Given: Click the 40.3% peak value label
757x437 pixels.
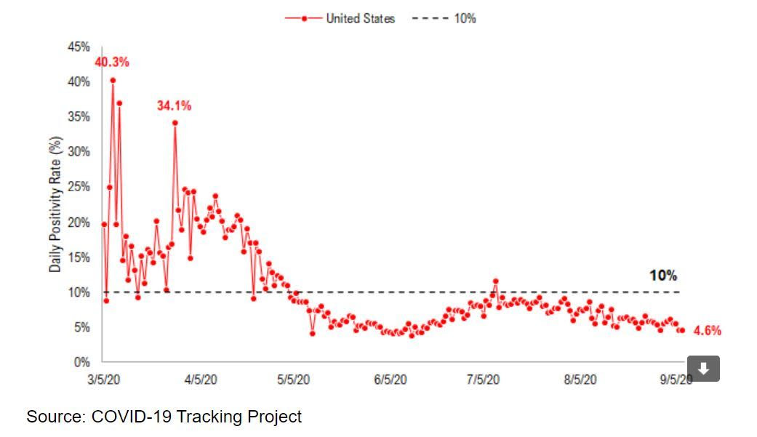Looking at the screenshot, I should pyautogui.click(x=112, y=63).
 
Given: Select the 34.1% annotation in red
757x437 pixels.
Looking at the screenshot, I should pyautogui.click(x=174, y=106).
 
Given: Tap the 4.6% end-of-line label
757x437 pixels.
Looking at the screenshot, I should pyautogui.click(x=707, y=331).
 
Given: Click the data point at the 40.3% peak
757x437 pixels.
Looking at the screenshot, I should pyautogui.click(x=113, y=81).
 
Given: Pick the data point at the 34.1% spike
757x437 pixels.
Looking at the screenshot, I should pyautogui.click(x=175, y=123).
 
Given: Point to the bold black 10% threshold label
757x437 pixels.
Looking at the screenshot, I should pyautogui.click(x=662, y=276).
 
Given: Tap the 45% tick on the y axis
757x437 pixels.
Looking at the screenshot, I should pyautogui.click(x=79, y=47).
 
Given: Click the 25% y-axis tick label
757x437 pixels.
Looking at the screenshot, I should pyautogui.click(x=79, y=188).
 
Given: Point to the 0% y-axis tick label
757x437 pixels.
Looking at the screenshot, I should pyautogui.click(x=82, y=362).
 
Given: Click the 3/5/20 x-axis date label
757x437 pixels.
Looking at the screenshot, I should pyautogui.click(x=105, y=380).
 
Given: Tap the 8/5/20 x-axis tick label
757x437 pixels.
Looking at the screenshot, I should pyautogui.click(x=580, y=380).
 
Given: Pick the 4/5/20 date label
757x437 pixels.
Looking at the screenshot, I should pyautogui.click(x=200, y=380).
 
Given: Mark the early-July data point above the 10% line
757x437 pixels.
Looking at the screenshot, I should pyautogui.click(x=495, y=281).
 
